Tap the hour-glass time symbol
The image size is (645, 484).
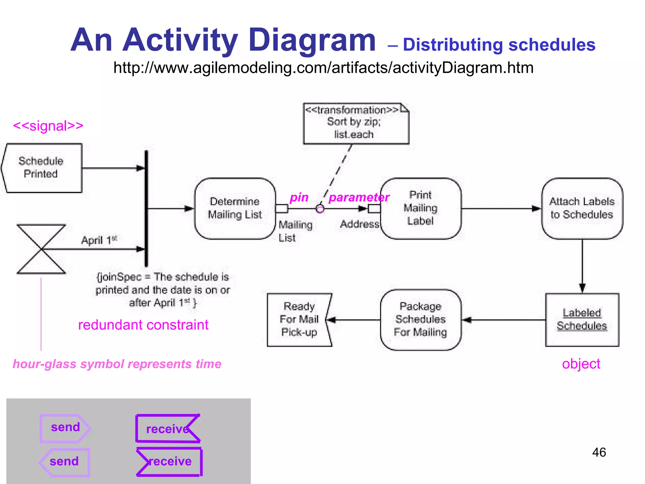41,249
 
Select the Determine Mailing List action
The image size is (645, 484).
235,208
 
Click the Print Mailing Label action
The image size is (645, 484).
420,208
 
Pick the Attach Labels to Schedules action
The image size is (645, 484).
582,208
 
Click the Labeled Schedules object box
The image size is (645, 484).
582,320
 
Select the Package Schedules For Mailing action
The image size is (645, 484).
420,320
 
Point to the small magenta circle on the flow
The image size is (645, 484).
320,209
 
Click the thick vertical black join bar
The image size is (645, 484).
146,208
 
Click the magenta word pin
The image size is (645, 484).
299,197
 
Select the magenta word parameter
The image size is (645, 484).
359,197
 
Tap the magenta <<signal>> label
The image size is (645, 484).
48,126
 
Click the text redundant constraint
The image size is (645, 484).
143,325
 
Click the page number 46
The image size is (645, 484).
599,452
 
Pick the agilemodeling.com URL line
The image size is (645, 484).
323,68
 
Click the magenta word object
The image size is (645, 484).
581,364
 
